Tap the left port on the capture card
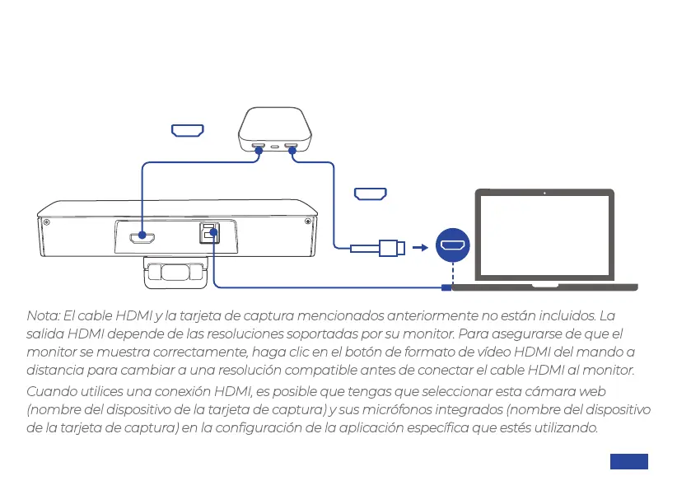pyautogui.click(x=258, y=148)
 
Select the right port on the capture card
pyautogui.click(x=291, y=148)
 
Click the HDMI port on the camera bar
pyautogui.click(x=142, y=238)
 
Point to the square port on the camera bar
pyautogui.click(x=208, y=233)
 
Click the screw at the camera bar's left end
pyautogui.click(x=47, y=222)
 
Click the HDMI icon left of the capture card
pyautogui.click(x=187, y=130)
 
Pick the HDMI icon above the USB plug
pyautogui.click(x=370, y=194)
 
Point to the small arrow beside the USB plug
pyautogui.click(x=420, y=246)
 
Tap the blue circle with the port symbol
pyautogui.click(x=452, y=245)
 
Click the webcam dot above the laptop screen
pyautogui.click(x=544, y=194)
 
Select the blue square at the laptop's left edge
pyautogui.click(x=446, y=287)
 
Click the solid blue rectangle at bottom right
pyautogui.click(x=628, y=461)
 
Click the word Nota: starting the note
pyautogui.click(x=44, y=316)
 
